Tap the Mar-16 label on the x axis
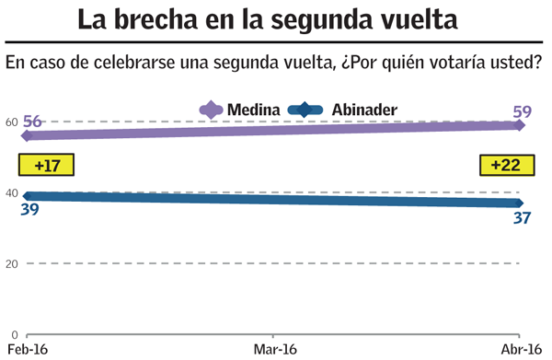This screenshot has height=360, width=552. tap(273, 349)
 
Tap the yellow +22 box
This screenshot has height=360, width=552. tap(505, 166)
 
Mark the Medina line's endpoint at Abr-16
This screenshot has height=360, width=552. tap(521, 125)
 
